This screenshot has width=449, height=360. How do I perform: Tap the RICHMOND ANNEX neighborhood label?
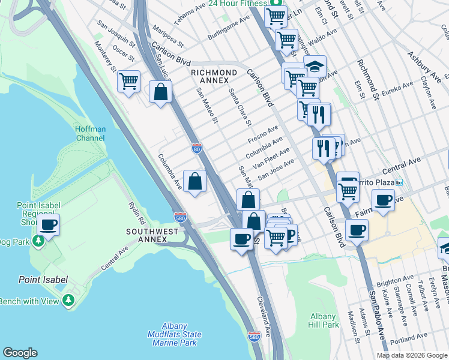pos(209,76)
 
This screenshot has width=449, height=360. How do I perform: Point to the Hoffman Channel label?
pos(91,133)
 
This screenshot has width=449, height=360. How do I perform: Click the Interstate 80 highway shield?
pos(197,148)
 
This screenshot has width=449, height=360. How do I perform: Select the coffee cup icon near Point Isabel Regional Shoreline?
pos(49,225)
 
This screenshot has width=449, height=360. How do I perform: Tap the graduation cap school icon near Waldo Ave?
pos(315,66)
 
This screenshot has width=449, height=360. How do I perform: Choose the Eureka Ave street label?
pos(399,88)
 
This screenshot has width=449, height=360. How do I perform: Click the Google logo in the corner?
pos(20,353)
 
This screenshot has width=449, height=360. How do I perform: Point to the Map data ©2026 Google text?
pos(412,355)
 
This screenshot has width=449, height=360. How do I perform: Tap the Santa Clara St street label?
pos(240,107)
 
